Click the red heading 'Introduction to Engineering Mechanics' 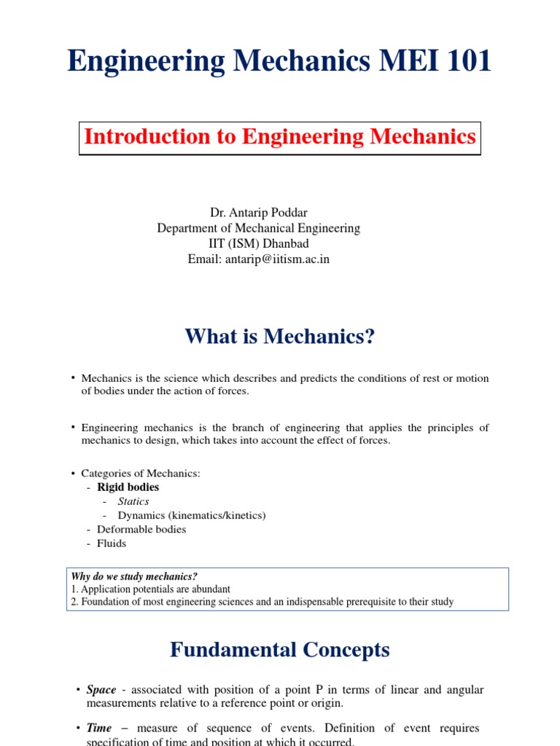[x=280, y=137]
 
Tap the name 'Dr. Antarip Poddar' [x=259, y=213]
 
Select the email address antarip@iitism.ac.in [x=280, y=259]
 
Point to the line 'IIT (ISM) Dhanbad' [x=258, y=243]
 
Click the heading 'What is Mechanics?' [x=279, y=337]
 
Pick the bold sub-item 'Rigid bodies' [x=128, y=487]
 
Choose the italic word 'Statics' [x=133, y=501]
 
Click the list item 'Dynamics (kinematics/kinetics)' [x=192, y=515]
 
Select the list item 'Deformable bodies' [x=141, y=530]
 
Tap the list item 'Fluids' [x=112, y=543]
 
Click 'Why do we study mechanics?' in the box [x=134, y=576]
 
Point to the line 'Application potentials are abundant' [x=155, y=589]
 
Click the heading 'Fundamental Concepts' [x=280, y=650]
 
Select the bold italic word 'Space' [x=101, y=690]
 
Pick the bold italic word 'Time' [x=99, y=729]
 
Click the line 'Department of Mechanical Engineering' [x=259, y=228]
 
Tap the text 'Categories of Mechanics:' [x=141, y=474]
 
